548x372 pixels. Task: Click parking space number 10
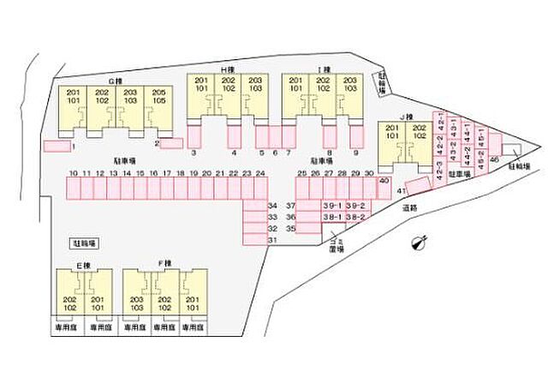[74, 186]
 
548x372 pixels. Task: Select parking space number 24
[260, 186]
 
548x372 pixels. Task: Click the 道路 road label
[408, 207]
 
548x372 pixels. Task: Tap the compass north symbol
[419, 242]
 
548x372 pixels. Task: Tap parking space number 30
[368, 186]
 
